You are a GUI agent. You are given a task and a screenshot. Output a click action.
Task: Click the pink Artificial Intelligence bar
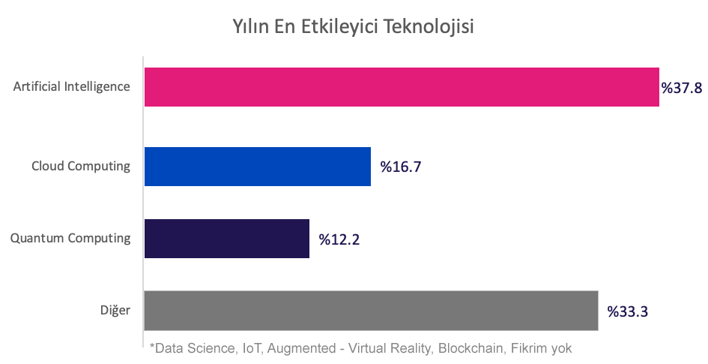[401, 87]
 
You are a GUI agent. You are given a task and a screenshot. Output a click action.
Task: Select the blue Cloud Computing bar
[257, 166]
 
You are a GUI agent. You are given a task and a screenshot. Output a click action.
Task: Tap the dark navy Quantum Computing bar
[226, 239]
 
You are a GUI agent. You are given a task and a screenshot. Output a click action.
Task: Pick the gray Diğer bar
[371, 310]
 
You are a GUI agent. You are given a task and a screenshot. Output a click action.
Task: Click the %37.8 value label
[681, 89]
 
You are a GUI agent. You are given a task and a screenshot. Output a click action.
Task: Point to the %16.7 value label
[401, 167]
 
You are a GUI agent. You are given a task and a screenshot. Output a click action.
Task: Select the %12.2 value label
[339, 239]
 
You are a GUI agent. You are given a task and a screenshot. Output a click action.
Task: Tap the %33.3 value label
[627, 311]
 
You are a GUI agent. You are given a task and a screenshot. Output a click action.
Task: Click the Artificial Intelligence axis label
[72, 86]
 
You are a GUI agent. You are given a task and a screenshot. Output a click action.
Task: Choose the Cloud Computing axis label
[81, 166]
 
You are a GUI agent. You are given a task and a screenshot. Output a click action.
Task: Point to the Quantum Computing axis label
[70, 239]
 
